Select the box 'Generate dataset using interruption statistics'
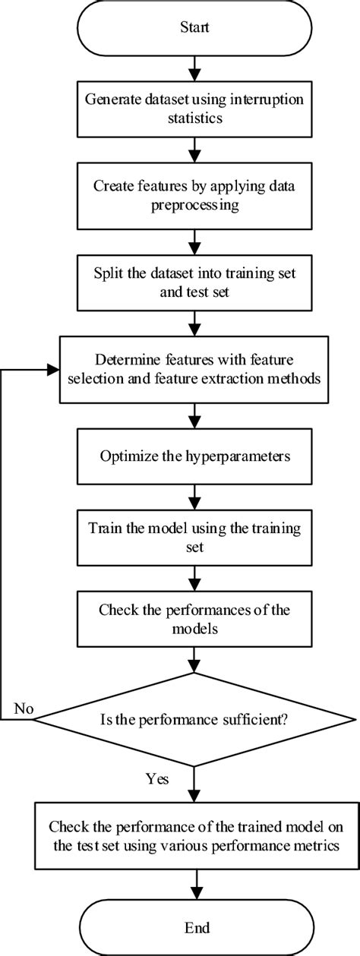[x=195, y=109]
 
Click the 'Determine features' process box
[x=195, y=370]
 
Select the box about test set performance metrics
[x=195, y=832]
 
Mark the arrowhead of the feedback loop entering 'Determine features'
[x=55, y=370]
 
